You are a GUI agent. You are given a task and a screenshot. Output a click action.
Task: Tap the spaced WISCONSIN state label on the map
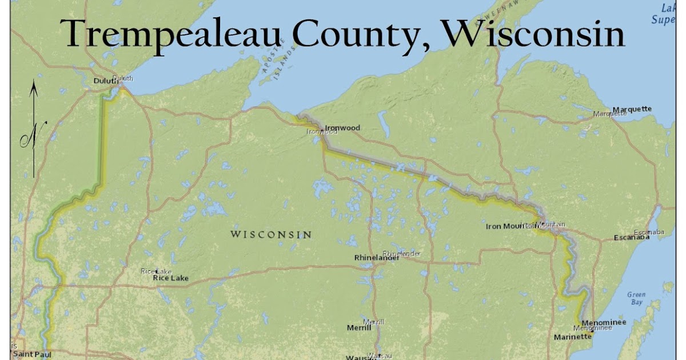point(271,234)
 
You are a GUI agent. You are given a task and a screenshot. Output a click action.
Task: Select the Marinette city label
point(572,337)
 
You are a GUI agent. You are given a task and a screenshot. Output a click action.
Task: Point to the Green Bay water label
point(636,298)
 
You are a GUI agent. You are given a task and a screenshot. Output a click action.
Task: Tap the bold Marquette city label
point(632,109)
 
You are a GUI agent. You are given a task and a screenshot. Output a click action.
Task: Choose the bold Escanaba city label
point(631,237)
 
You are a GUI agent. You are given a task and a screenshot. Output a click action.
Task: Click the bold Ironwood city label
point(342,127)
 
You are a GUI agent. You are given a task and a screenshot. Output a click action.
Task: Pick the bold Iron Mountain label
point(510,226)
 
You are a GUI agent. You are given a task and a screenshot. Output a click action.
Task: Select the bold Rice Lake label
point(170,278)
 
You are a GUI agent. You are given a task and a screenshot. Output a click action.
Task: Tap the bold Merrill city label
point(359,328)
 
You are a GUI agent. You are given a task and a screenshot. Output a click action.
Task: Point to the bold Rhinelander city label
point(376,258)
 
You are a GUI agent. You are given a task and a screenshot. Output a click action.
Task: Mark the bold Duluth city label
point(105,81)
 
